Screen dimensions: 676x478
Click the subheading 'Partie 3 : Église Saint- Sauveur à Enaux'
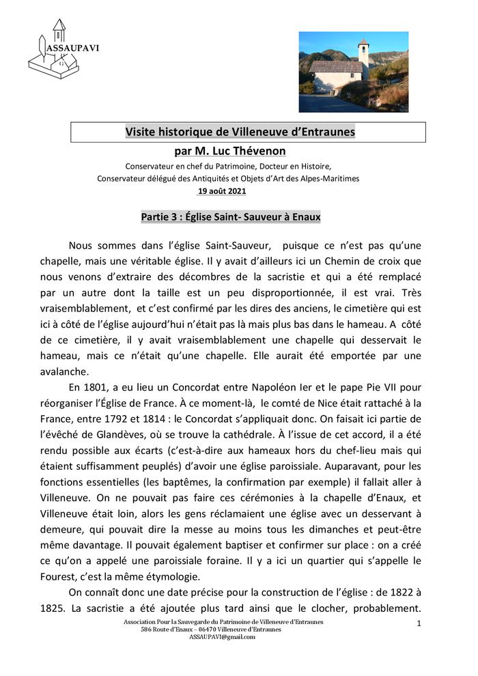click(x=231, y=217)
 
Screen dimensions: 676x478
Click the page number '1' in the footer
click(x=419, y=624)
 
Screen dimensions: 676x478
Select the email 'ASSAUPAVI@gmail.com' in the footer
click(x=222, y=636)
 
